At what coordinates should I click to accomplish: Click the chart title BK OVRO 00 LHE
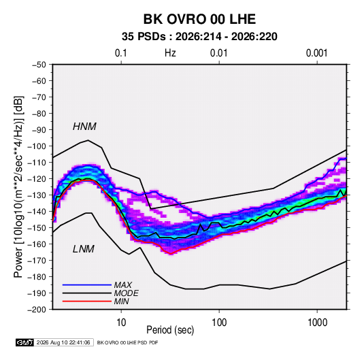(x=199, y=19)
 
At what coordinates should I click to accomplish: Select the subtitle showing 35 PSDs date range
(x=199, y=37)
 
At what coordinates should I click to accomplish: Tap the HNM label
(x=84, y=127)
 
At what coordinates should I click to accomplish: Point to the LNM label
(x=84, y=249)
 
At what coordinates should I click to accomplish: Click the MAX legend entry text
(x=122, y=284)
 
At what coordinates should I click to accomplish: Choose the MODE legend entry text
(x=126, y=293)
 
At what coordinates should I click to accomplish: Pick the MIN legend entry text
(x=121, y=301)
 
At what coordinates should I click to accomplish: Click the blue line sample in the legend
(x=87, y=284)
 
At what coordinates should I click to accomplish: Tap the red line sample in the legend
(x=87, y=301)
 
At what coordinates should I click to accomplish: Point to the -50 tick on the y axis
(x=39, y=65)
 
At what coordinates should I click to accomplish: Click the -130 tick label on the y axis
(x=37, y=195)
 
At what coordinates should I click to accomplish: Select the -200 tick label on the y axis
(x=37, y=310)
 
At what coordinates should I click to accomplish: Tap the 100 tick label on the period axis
(x=219, y=323)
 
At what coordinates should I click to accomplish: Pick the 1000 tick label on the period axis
(x=317, y=323)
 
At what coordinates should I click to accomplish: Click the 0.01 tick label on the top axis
(x=218, y=53)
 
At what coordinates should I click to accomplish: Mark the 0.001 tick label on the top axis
(x=316, y=53)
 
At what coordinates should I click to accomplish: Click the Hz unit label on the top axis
(x=170, y=53)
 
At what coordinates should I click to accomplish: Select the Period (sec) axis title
(x=170, y=330)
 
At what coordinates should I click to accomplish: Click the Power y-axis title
(x=18, y=186)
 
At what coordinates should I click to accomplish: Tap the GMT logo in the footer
(x=24, y=342)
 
